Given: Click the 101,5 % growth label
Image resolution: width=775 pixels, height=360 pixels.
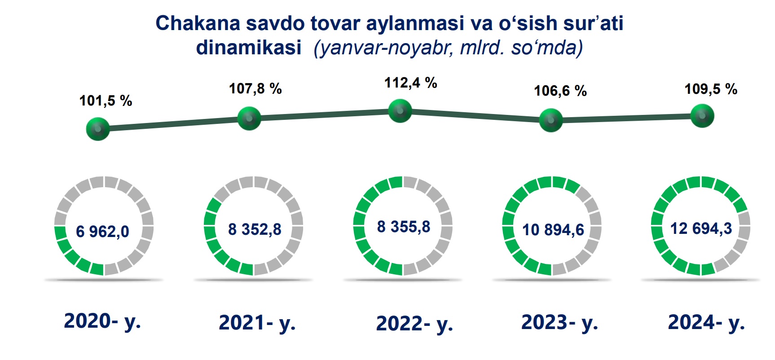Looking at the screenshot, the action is [106, 101].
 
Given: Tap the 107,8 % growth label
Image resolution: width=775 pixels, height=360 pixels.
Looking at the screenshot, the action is [255, 88].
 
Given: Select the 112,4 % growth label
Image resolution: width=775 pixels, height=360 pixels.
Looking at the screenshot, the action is [411, 83].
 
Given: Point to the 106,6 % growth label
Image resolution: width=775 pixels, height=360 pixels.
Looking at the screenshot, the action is [560, 91].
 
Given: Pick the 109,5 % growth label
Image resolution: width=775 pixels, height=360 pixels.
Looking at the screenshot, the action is [711, 89].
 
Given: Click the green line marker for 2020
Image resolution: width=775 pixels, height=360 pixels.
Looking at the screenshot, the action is [98, 129].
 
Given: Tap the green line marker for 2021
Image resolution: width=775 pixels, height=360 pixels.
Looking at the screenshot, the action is [249, 119].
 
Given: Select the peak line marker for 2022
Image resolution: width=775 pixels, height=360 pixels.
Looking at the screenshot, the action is [400, 110].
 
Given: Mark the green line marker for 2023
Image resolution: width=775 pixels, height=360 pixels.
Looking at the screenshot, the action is [550, 120].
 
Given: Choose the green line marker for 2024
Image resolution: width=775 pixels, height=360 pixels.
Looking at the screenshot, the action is [702, 115].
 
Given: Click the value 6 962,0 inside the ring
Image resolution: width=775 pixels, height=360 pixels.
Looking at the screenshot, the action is [102, 232].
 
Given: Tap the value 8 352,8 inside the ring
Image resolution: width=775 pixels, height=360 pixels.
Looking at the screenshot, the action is [255, 229].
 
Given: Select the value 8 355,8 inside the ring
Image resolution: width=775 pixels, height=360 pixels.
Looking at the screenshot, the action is [404, 227].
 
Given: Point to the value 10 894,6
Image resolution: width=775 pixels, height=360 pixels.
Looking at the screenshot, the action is [553, 230].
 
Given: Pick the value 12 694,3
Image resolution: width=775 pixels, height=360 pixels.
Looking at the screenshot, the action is [701, 228].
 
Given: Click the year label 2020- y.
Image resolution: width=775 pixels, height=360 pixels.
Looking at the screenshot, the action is [102, 321].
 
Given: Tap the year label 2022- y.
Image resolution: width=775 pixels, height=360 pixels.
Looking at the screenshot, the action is [414, 324].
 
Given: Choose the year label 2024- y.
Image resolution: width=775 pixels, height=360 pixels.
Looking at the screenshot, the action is [706, 322].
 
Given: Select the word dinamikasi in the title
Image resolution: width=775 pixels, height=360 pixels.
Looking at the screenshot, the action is [249, 47].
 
